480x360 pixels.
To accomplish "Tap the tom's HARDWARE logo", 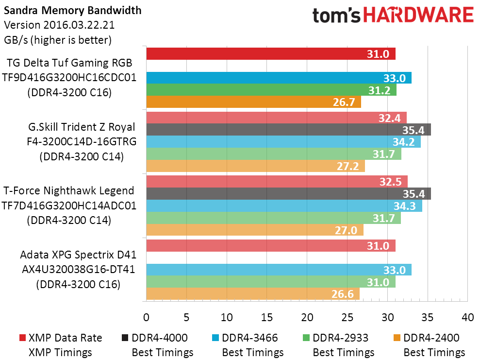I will click(393, 16).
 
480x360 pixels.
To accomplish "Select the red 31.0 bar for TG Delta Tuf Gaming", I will click(270, 53).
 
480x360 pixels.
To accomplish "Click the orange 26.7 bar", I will click(253, 102).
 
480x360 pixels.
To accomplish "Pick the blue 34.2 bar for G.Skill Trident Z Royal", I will click(283, 142).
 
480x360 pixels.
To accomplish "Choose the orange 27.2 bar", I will click(255, 166).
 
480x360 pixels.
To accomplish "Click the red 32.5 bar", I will click(277, 182).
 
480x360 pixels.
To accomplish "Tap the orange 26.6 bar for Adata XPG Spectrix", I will click(253, 294).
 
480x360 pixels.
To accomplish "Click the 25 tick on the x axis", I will click(347, 317).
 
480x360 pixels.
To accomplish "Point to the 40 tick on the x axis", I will click(467, 317).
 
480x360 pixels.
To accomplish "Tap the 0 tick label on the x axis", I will click(146, 317).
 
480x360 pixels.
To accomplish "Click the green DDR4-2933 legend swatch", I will click(305, 338).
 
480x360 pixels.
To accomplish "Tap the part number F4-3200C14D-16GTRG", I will click(81, 141).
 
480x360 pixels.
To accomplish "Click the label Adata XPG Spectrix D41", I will click(78, 255).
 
